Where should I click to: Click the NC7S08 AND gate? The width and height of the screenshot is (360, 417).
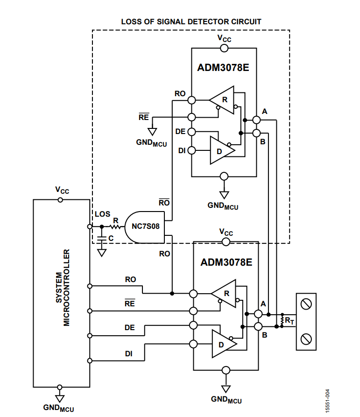click(143, 227)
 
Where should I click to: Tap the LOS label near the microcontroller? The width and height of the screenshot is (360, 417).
click(103, 214)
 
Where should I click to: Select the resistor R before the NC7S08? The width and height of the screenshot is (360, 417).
click(115, 227)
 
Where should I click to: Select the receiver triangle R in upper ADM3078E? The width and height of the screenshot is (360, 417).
click(222, 100)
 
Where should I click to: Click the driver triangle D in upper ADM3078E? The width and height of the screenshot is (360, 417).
click(221, 150)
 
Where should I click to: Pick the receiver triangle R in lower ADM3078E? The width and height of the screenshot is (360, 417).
click(225, 294)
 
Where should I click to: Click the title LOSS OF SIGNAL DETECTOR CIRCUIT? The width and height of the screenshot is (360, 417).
click(191, 21)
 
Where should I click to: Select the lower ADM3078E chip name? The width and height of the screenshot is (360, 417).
click(226, 262)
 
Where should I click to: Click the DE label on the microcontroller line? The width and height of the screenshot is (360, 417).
click(129, 328)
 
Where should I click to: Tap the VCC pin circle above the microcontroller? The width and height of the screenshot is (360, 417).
click(60, 199)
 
